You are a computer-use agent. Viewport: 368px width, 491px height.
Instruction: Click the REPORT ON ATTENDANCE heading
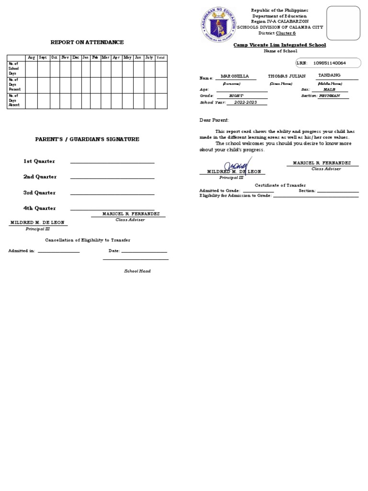[87, 42]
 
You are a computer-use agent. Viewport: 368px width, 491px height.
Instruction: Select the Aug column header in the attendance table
[31, 58]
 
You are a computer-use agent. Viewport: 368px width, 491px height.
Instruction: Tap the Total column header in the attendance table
[161, 58]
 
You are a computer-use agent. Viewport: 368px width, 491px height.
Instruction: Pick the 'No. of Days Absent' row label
[14, 101]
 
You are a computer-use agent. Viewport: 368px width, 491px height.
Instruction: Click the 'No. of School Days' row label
[14, 69]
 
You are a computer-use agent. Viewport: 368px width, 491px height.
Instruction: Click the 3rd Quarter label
[40, 193]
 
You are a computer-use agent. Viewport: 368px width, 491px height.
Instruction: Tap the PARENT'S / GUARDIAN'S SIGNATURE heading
[87, 139]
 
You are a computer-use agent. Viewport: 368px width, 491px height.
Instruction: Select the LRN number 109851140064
[329, 63]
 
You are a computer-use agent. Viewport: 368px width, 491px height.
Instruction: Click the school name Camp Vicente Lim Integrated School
[279, 45]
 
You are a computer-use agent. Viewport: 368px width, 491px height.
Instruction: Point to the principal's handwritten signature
[238, 165]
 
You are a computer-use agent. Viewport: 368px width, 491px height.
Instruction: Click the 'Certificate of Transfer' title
[280, 185]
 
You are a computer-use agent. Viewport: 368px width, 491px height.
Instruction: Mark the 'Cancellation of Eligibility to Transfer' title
[88, 240]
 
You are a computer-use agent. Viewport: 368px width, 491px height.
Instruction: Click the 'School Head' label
[138, 271]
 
